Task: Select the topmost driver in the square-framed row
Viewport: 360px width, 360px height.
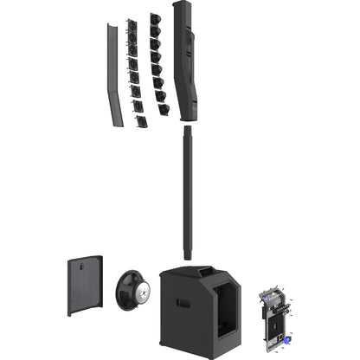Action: coord(132,26)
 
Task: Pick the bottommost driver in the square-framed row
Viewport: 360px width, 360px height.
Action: coord(140,121)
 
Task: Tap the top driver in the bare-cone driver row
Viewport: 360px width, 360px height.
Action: coord(154,20)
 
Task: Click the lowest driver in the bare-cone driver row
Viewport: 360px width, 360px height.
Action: coord(164,110)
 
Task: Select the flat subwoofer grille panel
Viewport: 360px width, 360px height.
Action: coord(85,286)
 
